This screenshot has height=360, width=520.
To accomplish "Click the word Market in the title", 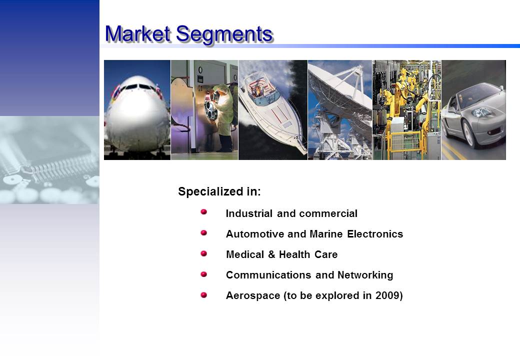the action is click(x=137, y=34).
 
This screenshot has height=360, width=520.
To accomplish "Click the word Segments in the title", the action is click(x=224, y=35).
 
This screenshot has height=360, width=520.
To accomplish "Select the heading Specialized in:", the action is click(x=219, y=191).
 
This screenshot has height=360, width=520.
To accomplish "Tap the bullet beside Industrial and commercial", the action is click(x=203, y=212).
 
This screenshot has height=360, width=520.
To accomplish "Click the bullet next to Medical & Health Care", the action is click(x=203, y=253).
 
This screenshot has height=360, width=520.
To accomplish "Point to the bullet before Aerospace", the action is click(x=203, y=294).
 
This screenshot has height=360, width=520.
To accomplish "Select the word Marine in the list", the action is click(x=326, y=234).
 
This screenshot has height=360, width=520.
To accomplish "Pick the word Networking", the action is click(x=365, y=275).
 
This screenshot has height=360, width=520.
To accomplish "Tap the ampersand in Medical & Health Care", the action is click(x=271, y=254).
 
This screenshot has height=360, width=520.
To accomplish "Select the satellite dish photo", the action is click(x=340, y=110).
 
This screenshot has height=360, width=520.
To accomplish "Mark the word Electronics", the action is click(x=375, y=234).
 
